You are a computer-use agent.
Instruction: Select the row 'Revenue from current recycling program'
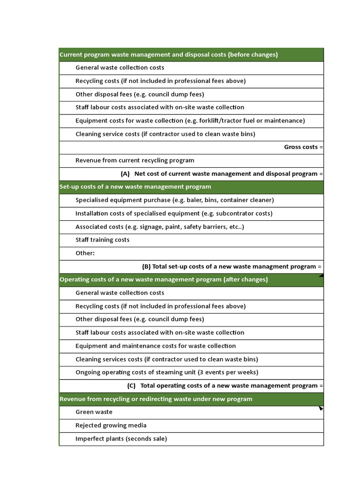point(135,160)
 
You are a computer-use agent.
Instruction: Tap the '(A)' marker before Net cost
point(125,174)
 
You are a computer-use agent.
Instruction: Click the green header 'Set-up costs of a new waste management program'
point(135,187)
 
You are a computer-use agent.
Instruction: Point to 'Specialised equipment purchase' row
point(174,200)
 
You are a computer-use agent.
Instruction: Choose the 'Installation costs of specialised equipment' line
point(173,213)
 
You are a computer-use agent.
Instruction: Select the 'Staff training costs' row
point(102,240)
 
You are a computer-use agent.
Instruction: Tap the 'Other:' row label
point(85,253)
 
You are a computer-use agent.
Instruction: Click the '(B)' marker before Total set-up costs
point(146,267)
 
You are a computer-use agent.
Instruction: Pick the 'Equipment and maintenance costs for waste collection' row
point(156,346)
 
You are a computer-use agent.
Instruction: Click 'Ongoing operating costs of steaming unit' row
point(166,373)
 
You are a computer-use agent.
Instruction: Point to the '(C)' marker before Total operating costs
point(131,386)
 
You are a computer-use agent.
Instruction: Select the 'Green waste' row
point(94,412)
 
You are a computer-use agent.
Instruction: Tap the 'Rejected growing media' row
point(111,426)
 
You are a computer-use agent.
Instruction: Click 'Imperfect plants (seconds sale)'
point(121,439)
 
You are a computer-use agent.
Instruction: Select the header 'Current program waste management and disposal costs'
point(168,55)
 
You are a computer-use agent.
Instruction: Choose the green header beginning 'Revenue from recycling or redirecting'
point(156,399)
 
